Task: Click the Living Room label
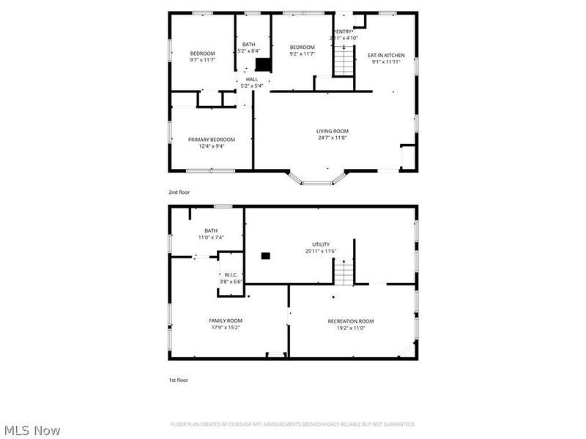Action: pyautogui.click(x=333, y=131)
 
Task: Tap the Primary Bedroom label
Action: pyautogui.click(x=211, y=139)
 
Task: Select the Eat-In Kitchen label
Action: pyautogui.click(x=385, y=55)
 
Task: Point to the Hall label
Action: pyautogui.click(x=251, y=79)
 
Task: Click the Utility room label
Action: pyautogui.click(x=320, y=244)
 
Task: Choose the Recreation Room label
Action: pyautogui.click(x=350, y=321)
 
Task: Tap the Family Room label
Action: pyautogui.click(x=225, y=320)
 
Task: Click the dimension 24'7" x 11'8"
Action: pyautogui.click(x=333, y=138)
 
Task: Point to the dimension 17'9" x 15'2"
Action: pyautogui.click(x=225, y=327)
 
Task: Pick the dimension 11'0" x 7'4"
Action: pyautogui.click(x=211, y=237)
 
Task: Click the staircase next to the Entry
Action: pyautogui.click(x=343, y=59)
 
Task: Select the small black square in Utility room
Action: pyautogui.click(x=265, y=255)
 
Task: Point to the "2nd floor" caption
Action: pyautogui.click(x=179, y=192)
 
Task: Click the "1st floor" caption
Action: pyautogui.click(x=178, y=380)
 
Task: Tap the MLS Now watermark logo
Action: pyautogui.click(x=33, y=430)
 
